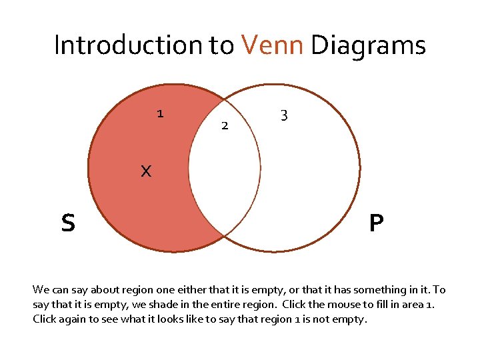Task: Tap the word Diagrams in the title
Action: point(368,45)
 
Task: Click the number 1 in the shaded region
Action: point(160,113)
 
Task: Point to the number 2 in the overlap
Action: point(225,125)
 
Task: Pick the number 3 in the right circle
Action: point(284,115)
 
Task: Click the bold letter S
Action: point(68,223)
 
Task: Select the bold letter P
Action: point(376,223)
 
